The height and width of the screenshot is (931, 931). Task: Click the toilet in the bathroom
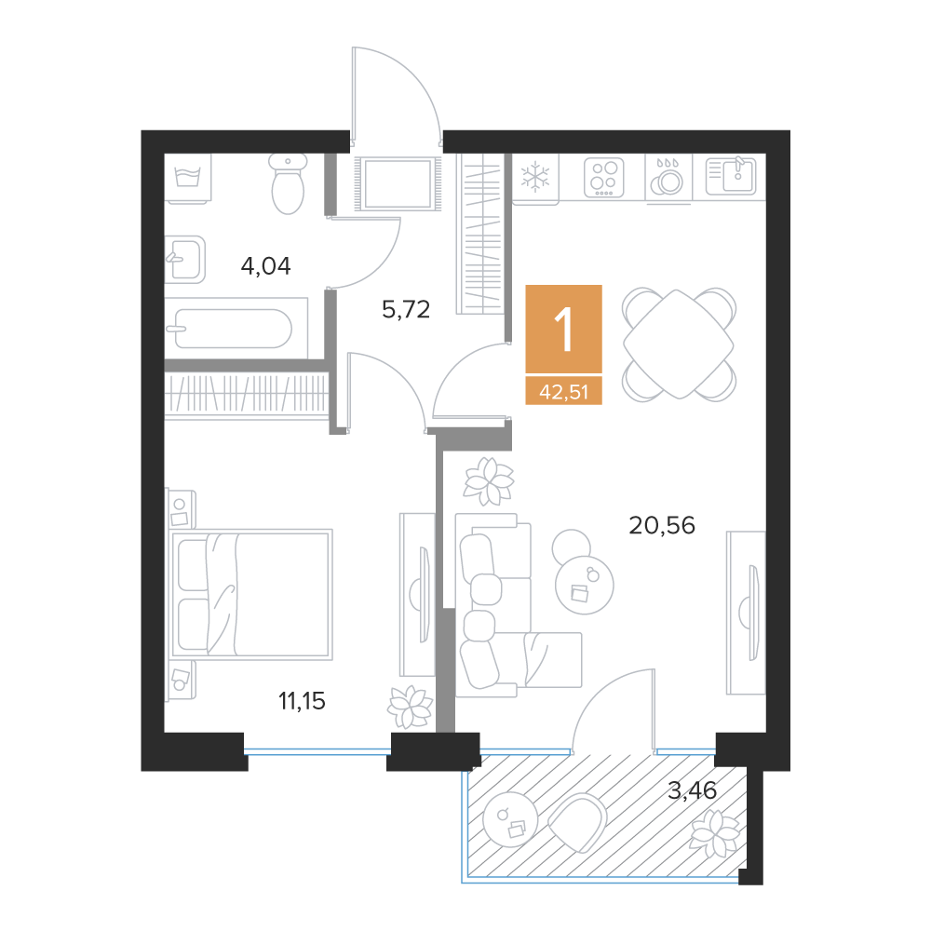tap(288, 183)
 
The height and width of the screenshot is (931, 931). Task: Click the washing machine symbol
tap(188, 179)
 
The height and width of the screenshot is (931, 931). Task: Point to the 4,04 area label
tap(265, 266)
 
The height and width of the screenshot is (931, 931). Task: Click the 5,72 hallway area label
tap(406, 309)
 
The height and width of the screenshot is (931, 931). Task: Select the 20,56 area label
tap(661, 525)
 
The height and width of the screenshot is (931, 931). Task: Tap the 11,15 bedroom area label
tap(302, 701)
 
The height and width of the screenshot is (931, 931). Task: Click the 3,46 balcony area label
tap(692, 790)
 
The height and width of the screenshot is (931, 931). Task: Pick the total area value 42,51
tap(563, 392)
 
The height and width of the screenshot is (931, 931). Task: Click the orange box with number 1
tap(563, 329)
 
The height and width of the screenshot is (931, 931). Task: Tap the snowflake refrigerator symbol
tap(535, 177)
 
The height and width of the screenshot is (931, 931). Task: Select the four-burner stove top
tap(604, 177)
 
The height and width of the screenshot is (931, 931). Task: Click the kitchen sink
tap(731, 176)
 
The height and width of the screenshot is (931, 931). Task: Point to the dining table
tap(679, 344)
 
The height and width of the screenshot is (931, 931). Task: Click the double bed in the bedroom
tap(251, 594)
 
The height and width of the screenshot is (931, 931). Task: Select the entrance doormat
tap(398, 183)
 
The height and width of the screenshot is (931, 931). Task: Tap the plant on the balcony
tap(716, 833)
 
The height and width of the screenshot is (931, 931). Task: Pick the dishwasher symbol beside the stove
tap(668, 177)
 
